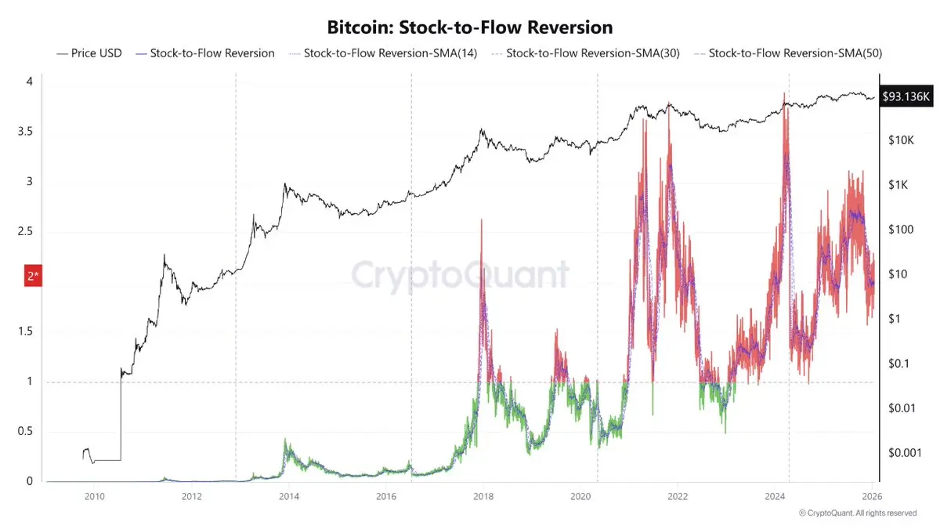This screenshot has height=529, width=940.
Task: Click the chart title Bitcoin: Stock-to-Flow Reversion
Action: (x=469, y=27)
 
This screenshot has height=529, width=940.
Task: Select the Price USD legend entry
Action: (x=89, y=53)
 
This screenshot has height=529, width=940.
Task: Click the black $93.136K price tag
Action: (x=907, y=96)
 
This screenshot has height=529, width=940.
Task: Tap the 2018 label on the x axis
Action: (x=483, y=497)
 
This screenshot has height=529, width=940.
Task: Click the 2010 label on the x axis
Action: (x=94, y=497)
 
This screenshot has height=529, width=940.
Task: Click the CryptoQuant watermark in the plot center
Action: (x=460, y=275)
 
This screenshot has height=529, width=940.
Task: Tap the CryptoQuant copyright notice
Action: (x=857, y=513)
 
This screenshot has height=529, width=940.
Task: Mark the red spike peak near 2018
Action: (x=482, y=220)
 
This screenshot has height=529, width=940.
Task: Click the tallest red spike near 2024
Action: (x=784, y=93)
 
